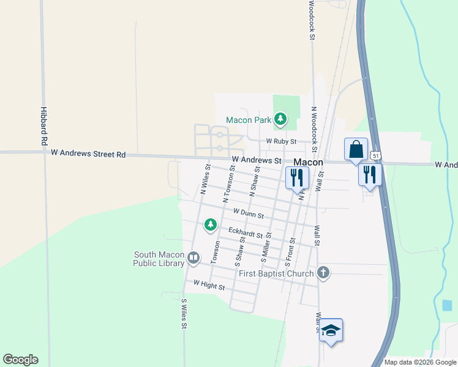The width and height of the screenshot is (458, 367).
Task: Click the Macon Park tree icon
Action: click(280, 119)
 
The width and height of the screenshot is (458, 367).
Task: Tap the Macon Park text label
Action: click(248, 120)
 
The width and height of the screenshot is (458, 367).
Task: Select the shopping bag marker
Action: click(356, 149)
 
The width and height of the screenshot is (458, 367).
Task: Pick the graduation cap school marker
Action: click(331, 331)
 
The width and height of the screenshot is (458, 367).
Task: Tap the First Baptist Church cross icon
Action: click(323, 273)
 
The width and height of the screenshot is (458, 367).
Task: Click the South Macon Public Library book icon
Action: click(193, 258)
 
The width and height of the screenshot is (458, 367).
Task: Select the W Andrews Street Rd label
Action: click(88, 154)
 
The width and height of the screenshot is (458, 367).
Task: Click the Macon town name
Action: click(308, 162)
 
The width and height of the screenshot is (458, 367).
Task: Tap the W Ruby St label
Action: click(281, 141)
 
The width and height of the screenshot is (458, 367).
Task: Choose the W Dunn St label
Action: click(248, 213)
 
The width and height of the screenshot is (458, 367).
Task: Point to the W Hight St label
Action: click(209, 284)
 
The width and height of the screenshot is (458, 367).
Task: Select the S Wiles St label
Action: click(183, 314)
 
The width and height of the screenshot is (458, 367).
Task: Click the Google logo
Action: click(20, 360)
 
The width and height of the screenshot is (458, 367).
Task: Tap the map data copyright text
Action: click(419, 362)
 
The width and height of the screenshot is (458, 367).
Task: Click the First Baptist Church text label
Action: click(276, 273)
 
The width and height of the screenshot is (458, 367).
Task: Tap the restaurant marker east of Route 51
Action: click(370, 174)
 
